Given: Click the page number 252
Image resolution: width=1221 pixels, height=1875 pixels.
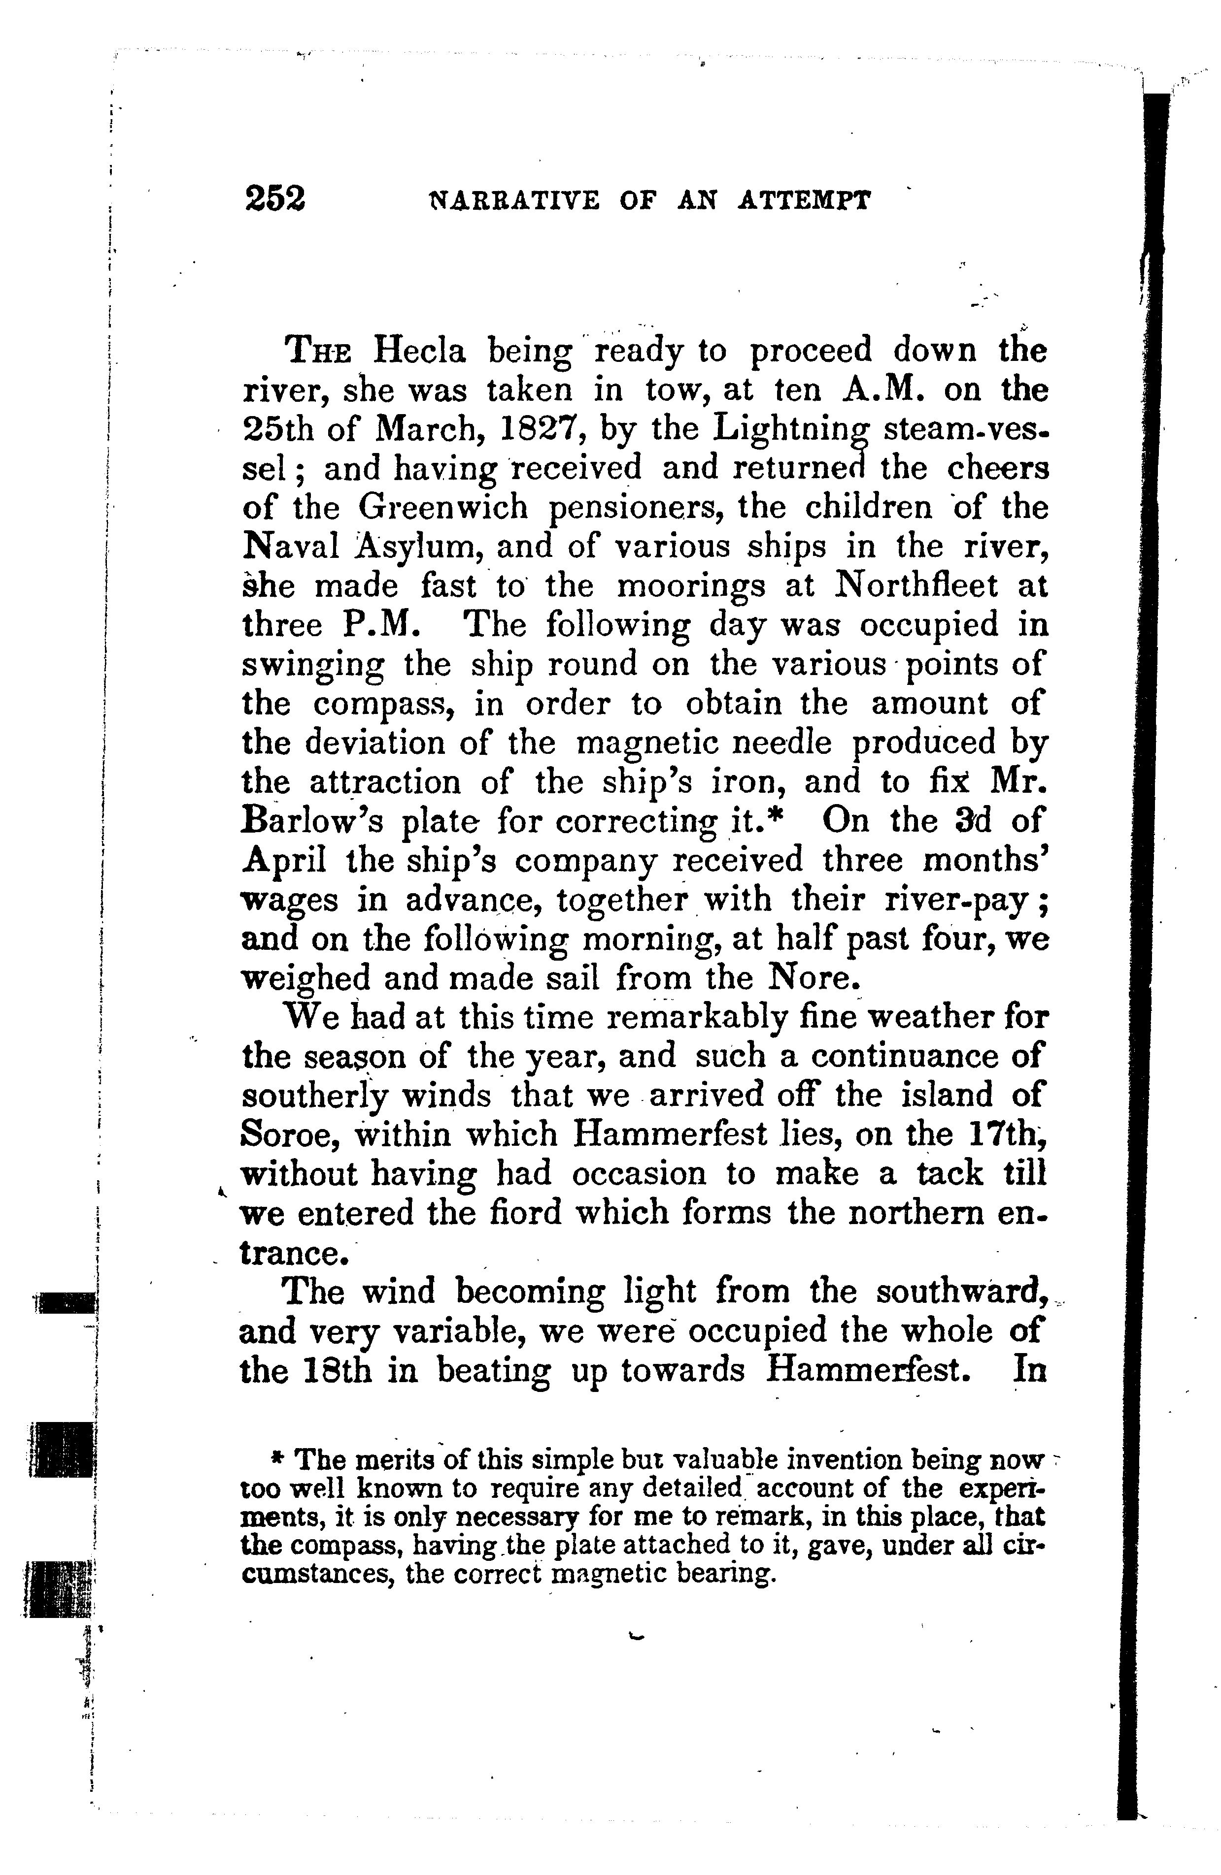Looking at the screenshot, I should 274,198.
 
